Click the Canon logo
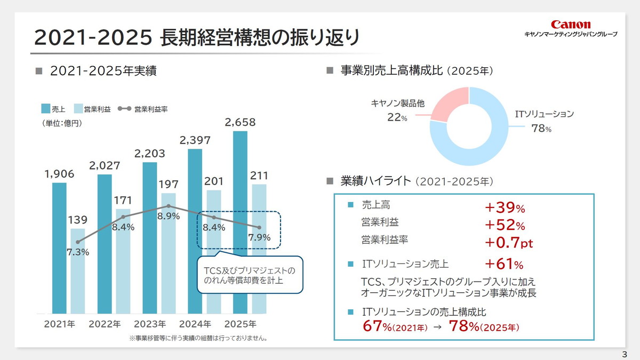point(571,25)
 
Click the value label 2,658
point(240,122)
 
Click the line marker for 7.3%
point(78,242)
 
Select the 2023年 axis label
point(150,324)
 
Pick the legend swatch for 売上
point(46,109)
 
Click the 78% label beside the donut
point(541,129)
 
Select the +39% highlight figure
point(505,207)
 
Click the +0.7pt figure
point(509,243)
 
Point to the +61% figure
point(503,264)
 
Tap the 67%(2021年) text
point(395,326)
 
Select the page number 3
point(625,354)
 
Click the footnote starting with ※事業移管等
point(198,338)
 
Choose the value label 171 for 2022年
point(123,200)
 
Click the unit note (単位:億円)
point(62,123)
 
